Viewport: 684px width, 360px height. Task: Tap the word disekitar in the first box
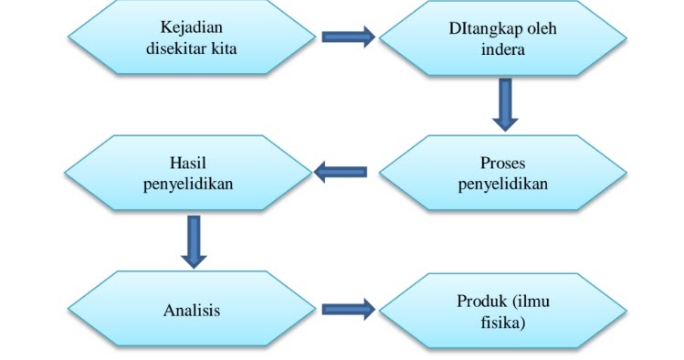click(174, 48)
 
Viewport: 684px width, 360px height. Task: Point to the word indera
click(502, 48)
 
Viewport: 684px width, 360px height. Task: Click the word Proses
click(502, 164)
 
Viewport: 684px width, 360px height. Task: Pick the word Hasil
click(189, 164)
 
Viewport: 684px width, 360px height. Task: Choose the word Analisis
click(192, 311)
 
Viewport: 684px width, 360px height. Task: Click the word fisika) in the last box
click(502, 322)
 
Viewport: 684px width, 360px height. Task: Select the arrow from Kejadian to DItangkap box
click(348, 37)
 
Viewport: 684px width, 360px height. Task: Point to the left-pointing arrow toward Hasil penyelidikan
click(341, 172)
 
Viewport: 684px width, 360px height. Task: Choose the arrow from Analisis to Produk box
click(348, 310)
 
